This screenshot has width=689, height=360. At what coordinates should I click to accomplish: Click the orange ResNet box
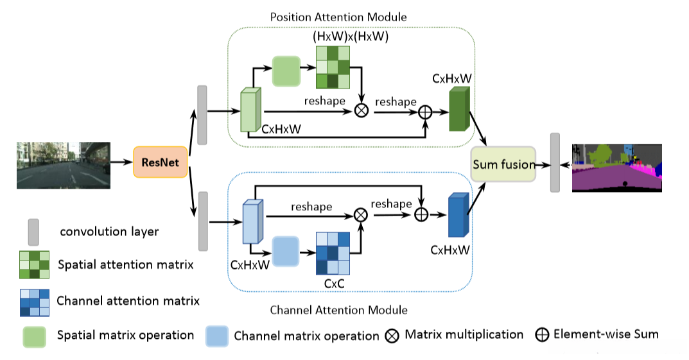[x=160, y=162]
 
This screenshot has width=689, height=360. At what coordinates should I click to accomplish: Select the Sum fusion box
[x=503, y=164]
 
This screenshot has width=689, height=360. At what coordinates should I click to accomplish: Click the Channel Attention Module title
[x=338, y=310]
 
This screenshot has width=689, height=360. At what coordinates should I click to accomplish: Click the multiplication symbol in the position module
[x=362, y=110]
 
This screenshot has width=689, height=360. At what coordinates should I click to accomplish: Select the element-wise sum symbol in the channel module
[x=421, y=214]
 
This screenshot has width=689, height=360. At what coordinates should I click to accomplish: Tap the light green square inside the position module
[x=286, y=71]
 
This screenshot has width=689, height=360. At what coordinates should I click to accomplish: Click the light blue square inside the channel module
[x=286, y=251]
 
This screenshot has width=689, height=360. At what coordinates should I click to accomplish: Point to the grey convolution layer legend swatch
[x=33, y=231]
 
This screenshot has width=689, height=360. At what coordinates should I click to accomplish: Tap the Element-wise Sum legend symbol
[x=542, y=334]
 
